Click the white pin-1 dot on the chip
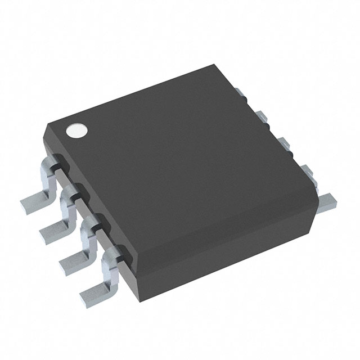77,130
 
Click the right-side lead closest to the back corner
238,89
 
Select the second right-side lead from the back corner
262,115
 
